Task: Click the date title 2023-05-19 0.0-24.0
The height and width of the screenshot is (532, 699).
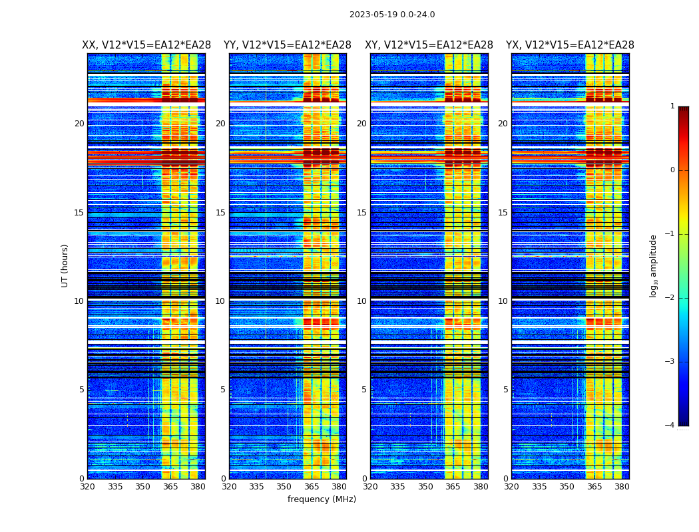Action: coord(392,15)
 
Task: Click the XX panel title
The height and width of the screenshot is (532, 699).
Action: coord(146,45)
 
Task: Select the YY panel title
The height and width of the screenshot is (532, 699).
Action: coord(288,45)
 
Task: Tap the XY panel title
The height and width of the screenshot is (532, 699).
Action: coord(429,45)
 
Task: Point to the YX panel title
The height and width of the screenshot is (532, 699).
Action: coord(570,45)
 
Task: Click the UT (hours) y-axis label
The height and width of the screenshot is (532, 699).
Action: coord(65,265)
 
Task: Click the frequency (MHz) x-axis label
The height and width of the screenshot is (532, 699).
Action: coord(322,499)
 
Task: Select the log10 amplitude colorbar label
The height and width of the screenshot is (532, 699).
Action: coord(654,265)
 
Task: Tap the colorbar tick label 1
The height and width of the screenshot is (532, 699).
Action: coord(672,106)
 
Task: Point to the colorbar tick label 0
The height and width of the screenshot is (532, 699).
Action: coord(672,170)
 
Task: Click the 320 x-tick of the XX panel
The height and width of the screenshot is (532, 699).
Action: coord(87,487)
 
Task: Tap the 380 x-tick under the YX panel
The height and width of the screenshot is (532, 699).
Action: coord(622,487)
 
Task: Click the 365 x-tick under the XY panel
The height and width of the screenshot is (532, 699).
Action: coord(453,487)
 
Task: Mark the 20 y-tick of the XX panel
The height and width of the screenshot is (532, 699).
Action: coord(79,124)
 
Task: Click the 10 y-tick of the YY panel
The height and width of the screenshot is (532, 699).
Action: coord(220,301)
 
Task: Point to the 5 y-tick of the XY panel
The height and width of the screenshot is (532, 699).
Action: coord(364,390)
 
